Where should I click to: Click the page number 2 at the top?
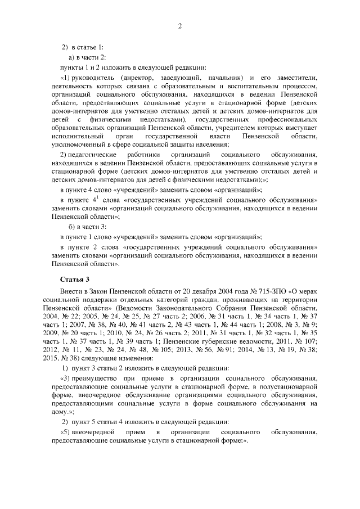click(180, 26)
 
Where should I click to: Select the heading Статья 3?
click(74, 279)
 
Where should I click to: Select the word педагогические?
click(92, 154)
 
